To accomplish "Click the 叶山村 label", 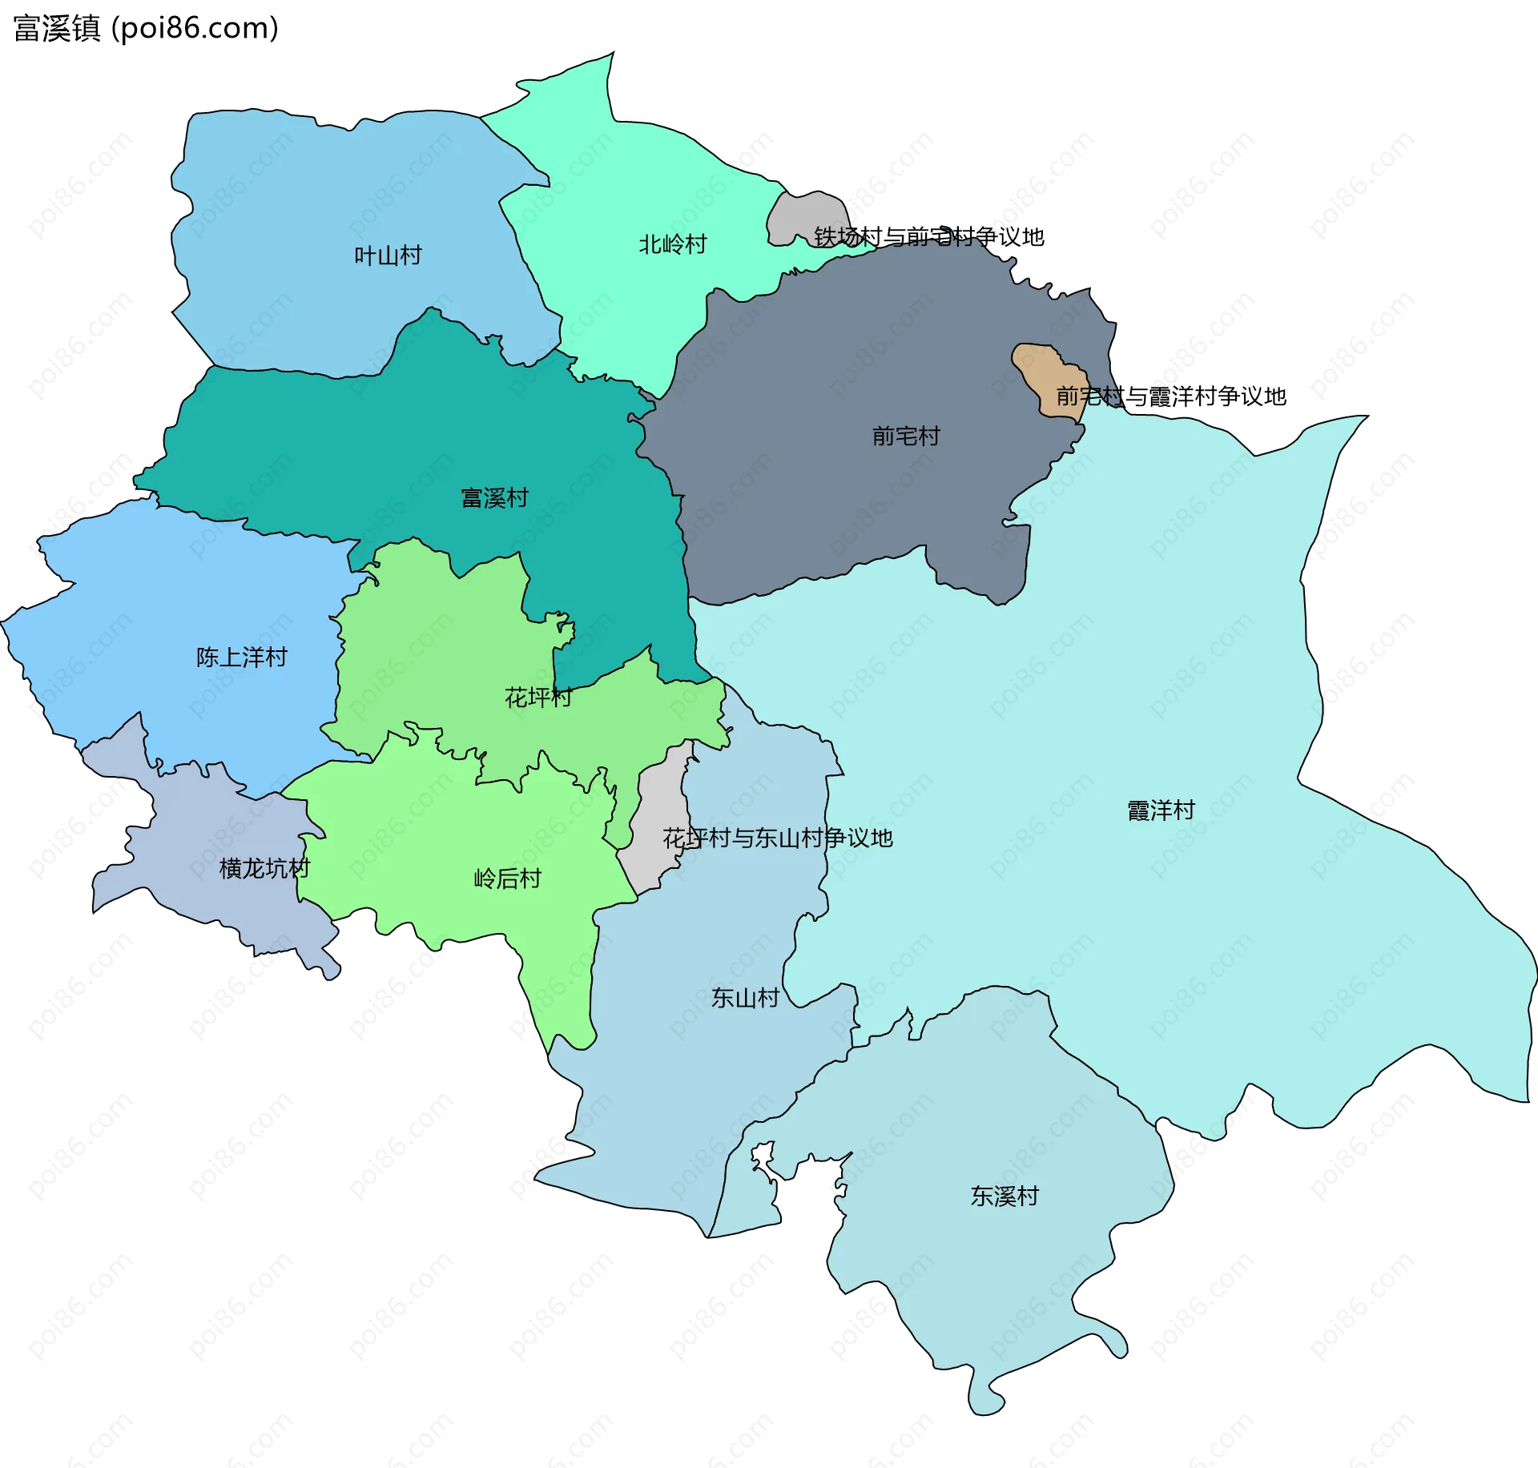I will (388, 255).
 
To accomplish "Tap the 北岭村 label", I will (672, 244).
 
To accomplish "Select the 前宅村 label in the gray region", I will (905, 436).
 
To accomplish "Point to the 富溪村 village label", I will (494, 498).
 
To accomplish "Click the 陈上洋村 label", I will (241, 658).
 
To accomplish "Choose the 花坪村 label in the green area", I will (537, 698).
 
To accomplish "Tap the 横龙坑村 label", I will (264, 868).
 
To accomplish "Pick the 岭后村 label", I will (507, 879).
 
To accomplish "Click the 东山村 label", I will (745, 998).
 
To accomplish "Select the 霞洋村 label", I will (1161, 810).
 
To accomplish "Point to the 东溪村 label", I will (1005, 1196).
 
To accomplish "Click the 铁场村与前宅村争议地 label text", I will (928, 237).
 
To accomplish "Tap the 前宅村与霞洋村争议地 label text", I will (1170, 396).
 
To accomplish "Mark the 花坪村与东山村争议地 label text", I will (777, 839).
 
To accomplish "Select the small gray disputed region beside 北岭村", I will (801, 216).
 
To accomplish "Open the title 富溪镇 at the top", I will (56, 28).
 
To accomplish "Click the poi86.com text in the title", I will (195, 28).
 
